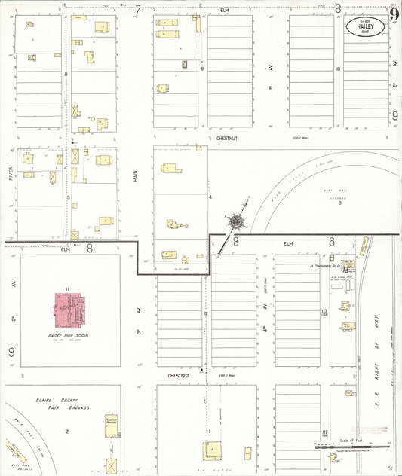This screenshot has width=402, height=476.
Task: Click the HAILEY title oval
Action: [x=365, y=27]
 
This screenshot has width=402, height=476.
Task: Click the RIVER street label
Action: [x=11, y=174]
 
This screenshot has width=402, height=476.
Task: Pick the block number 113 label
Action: [x=324, y=312]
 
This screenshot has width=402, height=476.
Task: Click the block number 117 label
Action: [x=324, y=432]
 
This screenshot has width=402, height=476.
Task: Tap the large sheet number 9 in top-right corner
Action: [x=394, y=13]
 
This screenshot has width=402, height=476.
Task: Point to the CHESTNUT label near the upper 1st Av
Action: [x=227, y=138]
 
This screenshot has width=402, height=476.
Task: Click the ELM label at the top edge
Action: [x=224, y=10]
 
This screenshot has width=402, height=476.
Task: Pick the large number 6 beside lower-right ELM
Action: [x=331, y=242]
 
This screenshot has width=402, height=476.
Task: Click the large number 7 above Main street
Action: [x=138, y=10]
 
